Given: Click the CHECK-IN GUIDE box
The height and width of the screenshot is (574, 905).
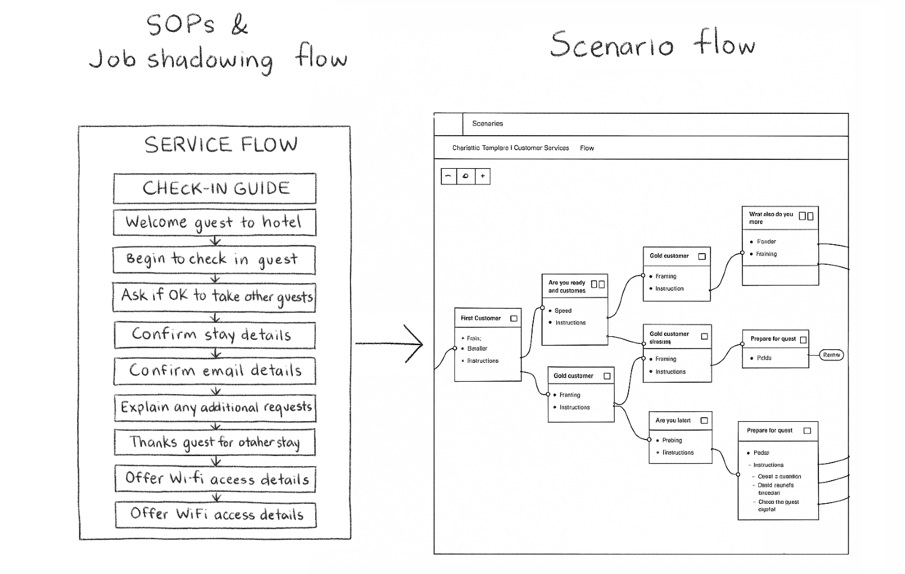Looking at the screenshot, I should click(x=215, y=188).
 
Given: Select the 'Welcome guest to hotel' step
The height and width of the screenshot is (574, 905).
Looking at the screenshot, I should click(x=214, y=222).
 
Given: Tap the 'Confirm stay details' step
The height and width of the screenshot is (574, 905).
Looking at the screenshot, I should click(x=214, y=334).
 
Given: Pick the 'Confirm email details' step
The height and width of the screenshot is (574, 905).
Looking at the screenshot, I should click(x=215, y=370).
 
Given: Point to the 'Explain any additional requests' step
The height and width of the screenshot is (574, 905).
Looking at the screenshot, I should click(x=215, y=407).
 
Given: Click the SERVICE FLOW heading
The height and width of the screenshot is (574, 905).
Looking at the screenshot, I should click(x=221, y=145).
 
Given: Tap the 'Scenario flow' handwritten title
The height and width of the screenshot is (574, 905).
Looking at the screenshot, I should click(x=652, y=44).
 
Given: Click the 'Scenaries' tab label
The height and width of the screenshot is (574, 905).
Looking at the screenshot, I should click(x=487, y=123).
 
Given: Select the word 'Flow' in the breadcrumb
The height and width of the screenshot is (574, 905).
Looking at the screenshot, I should click(x=587, y=148).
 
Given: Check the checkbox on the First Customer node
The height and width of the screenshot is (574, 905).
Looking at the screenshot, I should click(x=514, y=319).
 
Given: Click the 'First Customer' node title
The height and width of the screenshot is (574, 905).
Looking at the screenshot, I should click(x=481, y=318).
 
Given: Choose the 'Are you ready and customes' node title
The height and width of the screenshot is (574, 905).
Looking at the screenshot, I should click(x=567, y=287).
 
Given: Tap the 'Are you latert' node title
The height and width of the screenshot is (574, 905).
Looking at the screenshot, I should click(x=673, y=421).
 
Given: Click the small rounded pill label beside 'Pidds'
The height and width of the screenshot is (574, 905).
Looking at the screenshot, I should click(x=831, y=355).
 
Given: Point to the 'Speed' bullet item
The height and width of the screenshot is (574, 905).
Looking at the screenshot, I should click(x=563, y=310).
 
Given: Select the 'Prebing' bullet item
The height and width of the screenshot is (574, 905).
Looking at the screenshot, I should click(x=672, y=440).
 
